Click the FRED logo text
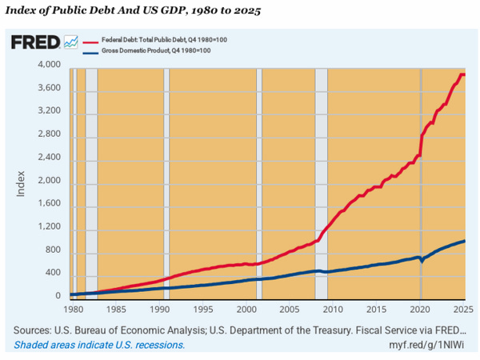[34, 42]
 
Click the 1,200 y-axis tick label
[50, 226]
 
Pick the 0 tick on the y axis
[58, 296]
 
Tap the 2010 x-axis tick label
[334, 309]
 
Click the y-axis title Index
[22, 182]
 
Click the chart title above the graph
[132, 13]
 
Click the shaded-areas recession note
[99, 345]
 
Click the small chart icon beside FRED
[70, 42]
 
